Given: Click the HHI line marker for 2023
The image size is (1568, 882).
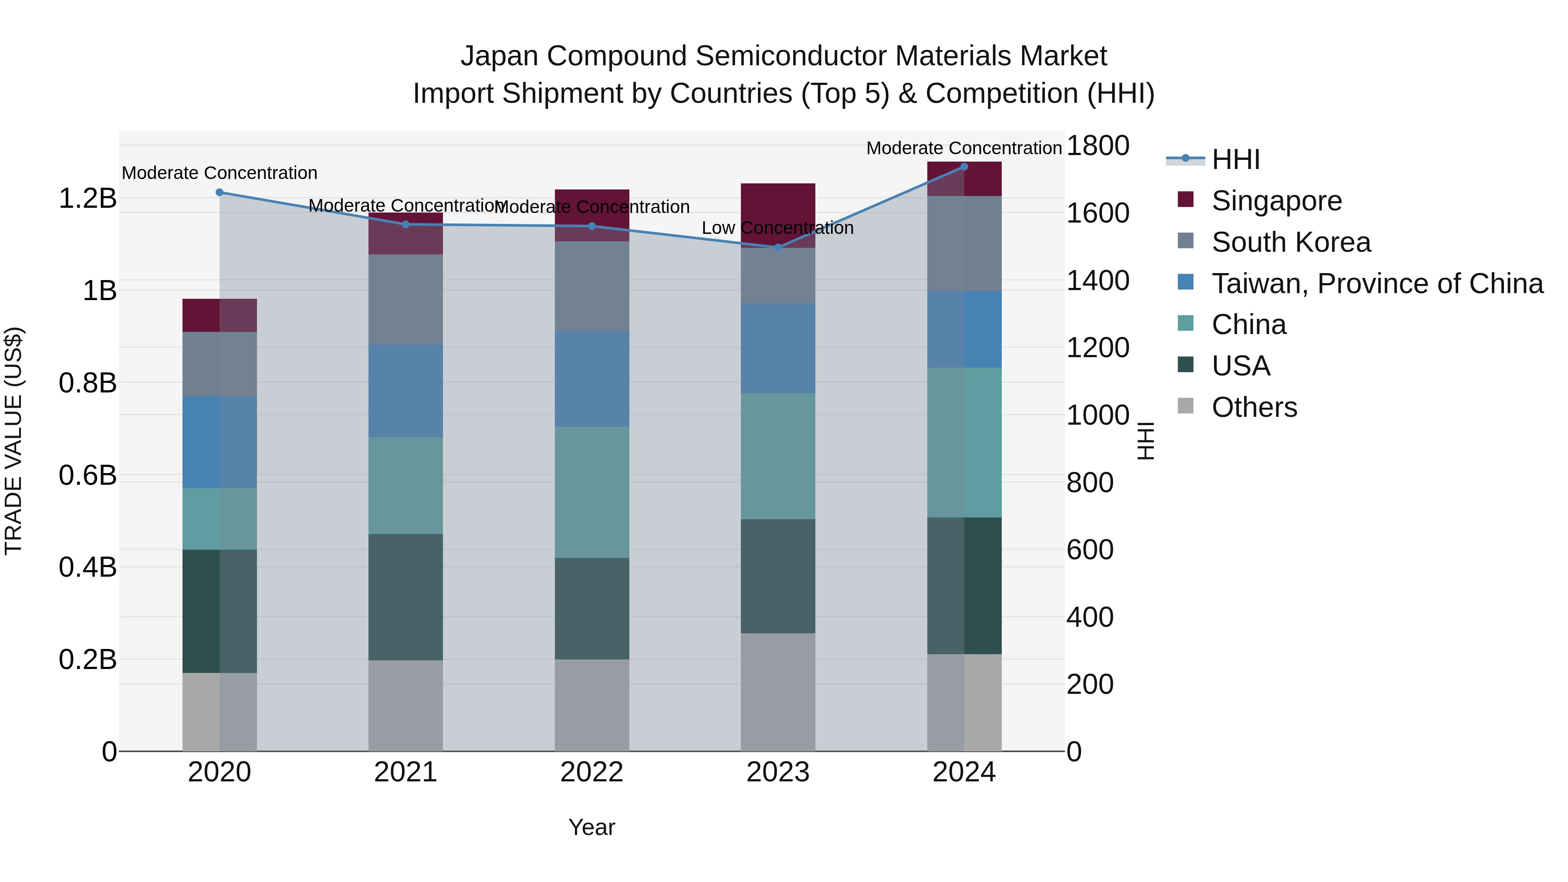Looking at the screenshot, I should (777, 247).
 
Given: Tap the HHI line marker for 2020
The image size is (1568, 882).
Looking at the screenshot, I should (220, 193).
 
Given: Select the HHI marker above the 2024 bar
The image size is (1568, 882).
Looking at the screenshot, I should (963, 166).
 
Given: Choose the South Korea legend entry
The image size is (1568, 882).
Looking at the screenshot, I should (1291, 242).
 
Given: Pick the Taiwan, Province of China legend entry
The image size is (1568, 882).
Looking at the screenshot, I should (1377, 283).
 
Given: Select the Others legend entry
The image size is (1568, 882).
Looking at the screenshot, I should (1254, 407).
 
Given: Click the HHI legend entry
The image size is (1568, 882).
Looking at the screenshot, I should (1235, 159).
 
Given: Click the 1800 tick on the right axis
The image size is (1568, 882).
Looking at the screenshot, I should (1098, 145).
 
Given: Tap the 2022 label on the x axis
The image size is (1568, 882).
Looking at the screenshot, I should (591, 772).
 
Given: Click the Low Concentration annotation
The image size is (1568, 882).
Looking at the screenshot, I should (777, 228).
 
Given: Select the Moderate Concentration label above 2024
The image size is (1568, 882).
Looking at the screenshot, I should (963, 148).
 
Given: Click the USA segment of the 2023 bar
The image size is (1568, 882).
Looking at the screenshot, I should (777, 575).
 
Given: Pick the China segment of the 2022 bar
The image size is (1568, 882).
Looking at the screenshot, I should (591, 492).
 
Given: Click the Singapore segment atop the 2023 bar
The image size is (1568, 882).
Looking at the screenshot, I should (777, 207).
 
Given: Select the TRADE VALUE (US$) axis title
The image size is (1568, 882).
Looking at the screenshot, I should (14, 441).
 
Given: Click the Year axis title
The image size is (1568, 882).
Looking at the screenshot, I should (591, 827).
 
